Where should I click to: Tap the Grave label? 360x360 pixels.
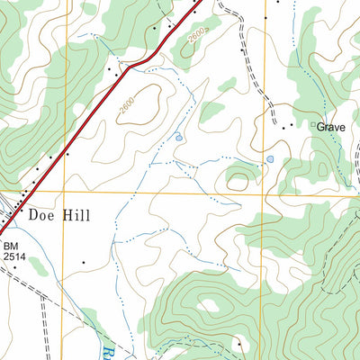pos(330,128)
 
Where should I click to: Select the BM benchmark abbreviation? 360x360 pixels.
pos(11,245)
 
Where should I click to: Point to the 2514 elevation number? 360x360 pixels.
pos(13,256)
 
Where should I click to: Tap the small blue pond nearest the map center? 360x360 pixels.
pos(178,137)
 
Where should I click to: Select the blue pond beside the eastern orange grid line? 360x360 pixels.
pos(269,160)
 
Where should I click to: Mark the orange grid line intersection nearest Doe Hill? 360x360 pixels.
pos(64,192)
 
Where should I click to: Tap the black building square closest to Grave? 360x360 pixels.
pos(290,127)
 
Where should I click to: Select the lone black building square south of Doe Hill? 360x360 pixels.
pos(83,262)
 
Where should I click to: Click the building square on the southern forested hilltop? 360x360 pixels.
pos(239,343)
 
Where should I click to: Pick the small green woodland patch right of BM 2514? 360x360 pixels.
pos(38,265)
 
